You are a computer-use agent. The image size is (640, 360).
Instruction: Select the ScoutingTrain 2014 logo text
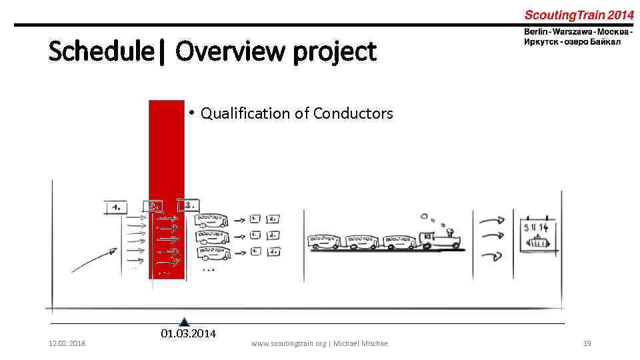pyautogui.click(x=579, y=15)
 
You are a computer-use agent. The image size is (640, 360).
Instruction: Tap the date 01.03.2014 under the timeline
pyautogui.click(x=189, y=333)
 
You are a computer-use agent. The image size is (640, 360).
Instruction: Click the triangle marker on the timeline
pyautogui.click(x=185, y=322)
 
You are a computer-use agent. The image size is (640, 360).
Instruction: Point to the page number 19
pyautogui.click(x=587, y=343)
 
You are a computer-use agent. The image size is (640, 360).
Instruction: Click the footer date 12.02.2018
pyautogui.click(x=66, y=343)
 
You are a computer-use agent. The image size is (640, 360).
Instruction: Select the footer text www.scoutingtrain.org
pyautogui.click(x=288, y=343)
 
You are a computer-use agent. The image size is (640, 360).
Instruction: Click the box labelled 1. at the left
pyautogui.click(x=116, y=207)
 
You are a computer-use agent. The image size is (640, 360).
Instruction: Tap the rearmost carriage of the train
pyautogui.click(x=325, y=241)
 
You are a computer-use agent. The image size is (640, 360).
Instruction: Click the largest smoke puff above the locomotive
pyautogui.click(x=424, y=216)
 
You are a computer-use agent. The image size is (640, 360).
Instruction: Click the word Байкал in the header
pyautogui.click(x=604, y=42)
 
